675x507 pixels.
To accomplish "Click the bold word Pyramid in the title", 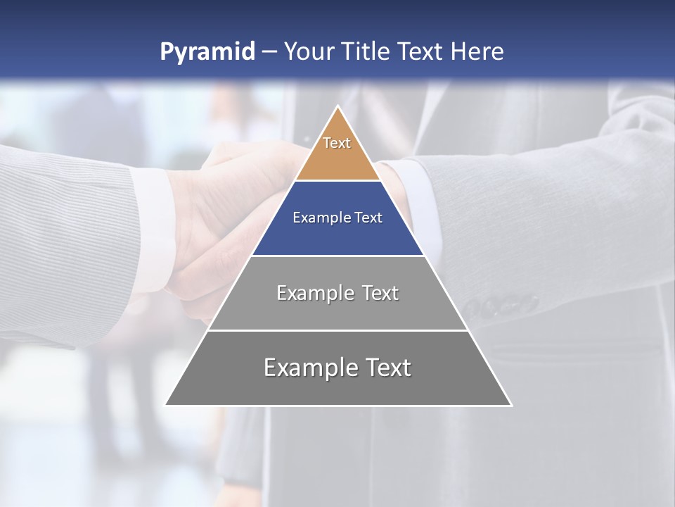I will click(x=207, y=52).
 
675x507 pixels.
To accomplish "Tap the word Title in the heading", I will click(x=368, y=52).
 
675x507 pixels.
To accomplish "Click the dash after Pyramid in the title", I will click(x=269, y=52).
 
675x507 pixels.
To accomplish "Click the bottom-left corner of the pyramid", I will click(x=167, y=404).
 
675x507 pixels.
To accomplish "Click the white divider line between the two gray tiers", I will click(x=337, y=330).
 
